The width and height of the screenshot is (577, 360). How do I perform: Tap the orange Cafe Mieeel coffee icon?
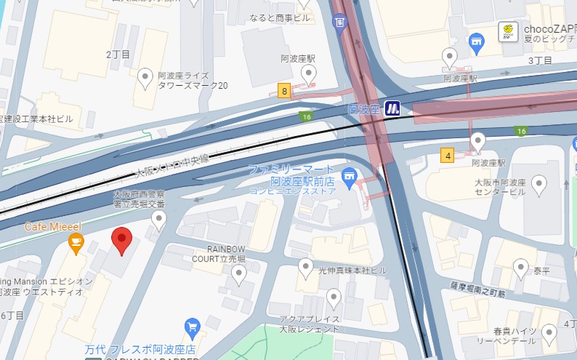(x=76, y=245)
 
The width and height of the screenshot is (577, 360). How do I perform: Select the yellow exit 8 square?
(x=283, y=91)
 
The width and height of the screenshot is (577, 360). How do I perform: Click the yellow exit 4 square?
(x=447, y=154)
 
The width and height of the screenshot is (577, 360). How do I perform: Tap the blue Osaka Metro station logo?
(x=393, y=108)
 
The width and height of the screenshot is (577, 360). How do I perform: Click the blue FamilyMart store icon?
(x=349, y=175)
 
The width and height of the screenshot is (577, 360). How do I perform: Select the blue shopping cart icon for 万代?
(x=193, y=326)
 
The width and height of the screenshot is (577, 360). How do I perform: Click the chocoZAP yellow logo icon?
(x=508, y=31)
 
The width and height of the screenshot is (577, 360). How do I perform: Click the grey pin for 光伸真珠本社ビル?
(x=306, y=267)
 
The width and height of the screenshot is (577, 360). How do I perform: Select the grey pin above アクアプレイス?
(x=334, y=297)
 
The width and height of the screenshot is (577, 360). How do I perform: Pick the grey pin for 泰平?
(x=520, y=268)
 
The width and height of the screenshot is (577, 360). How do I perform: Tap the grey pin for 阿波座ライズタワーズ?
(x=145, y=76)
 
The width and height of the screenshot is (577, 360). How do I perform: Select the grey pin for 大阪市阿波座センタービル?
(x=538, y=185)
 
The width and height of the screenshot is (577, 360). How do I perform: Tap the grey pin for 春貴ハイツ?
(x=549, y=334)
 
